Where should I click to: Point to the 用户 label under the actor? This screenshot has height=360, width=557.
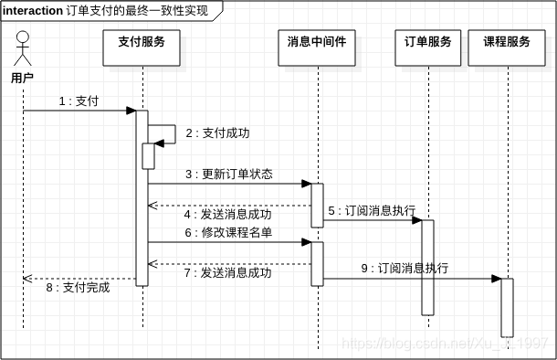point(23,78)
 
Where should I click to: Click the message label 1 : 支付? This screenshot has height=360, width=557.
point(79,101)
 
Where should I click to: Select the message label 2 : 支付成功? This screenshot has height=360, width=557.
point(217,133)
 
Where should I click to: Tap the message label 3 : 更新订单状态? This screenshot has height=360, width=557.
point(228,174)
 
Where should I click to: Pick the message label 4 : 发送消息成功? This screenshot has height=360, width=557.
point(228,215)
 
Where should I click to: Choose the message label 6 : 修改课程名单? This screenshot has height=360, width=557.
point(228,233)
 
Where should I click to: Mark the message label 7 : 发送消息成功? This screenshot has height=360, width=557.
point(228,272)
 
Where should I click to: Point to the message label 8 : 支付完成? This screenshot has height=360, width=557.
point(78,287)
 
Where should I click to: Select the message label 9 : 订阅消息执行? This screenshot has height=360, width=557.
point(405,269)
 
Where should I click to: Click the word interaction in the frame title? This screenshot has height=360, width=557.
point(33,11)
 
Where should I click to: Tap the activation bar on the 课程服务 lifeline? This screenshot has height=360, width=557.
point(507,308)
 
